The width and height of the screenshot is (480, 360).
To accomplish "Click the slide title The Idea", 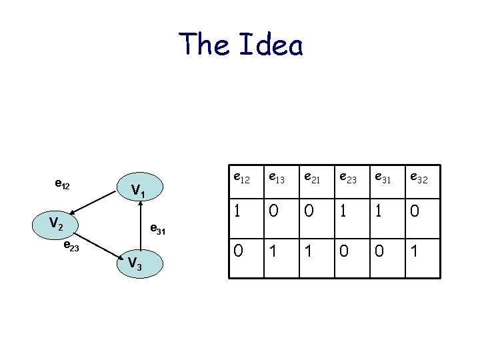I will tap(241, 45).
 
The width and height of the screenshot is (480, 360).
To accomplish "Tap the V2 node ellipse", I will tap(58, 225).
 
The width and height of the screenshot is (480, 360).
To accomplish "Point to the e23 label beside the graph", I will tap(71, 247).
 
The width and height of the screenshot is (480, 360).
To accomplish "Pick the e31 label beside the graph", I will tap(157, 230).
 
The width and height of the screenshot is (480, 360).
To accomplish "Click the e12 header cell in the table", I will tap(241, 178).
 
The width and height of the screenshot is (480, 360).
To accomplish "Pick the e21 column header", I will tap(311, 178).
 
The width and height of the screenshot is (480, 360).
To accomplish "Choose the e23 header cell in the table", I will tap(347, 178).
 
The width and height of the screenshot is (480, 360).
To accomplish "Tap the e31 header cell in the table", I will tap(383, 178).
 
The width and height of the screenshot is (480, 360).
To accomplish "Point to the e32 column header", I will tap(419, 178).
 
